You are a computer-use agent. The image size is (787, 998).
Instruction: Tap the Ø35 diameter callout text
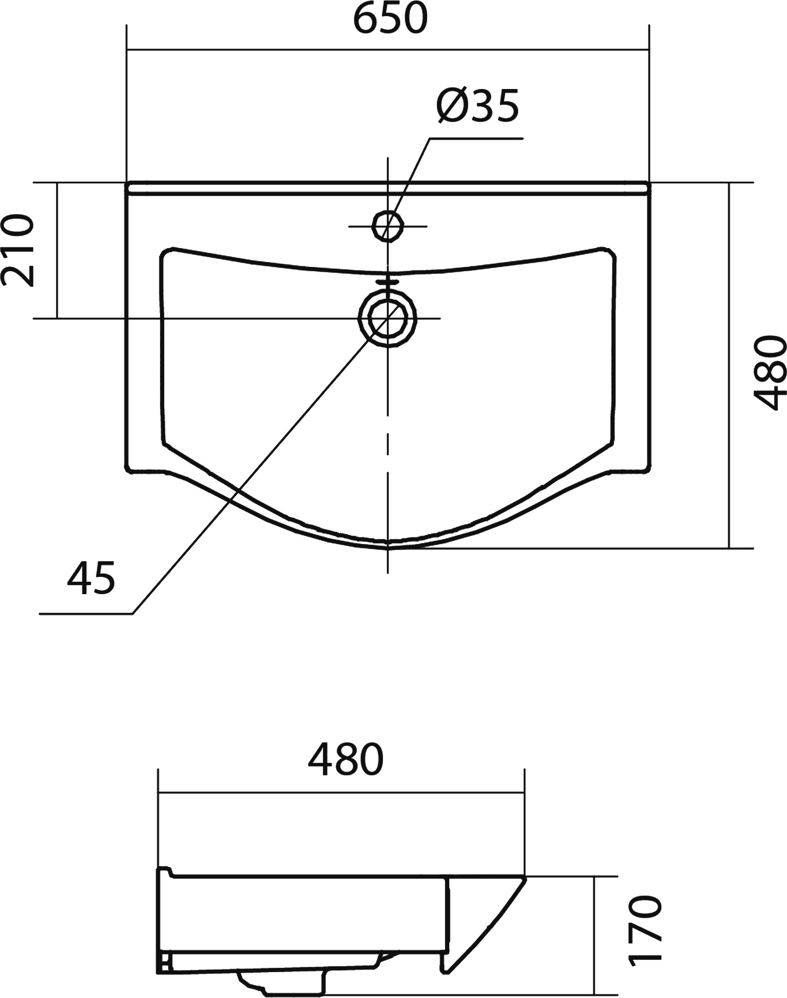point(477,105)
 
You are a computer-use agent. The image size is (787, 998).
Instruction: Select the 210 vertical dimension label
point(18,250)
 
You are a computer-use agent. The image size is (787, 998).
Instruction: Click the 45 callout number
point(91,578)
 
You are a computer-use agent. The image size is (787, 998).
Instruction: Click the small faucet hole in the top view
point(388,225)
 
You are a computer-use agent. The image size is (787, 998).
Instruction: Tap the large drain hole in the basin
point(388,318)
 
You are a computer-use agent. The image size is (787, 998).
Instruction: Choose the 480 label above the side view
point(345,760)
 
